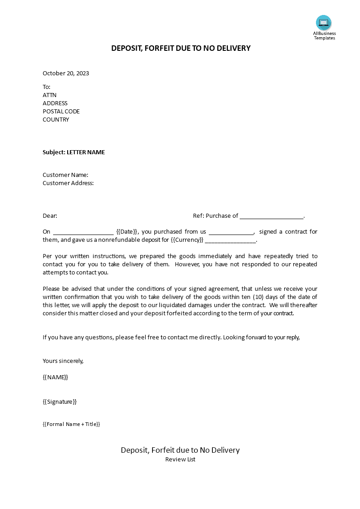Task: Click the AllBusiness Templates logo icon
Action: tap(324, 23)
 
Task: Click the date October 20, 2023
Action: tap(66, 73)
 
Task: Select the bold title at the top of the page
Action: tap(181, 48)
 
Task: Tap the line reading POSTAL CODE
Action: tap(61, 112)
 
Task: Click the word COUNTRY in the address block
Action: tap(56, 120)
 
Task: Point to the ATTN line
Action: tap(49, 95)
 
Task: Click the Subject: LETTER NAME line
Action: tap(74, 152)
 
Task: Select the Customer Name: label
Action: tap(65, 175)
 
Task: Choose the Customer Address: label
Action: tap(68, 183)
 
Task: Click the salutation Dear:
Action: tap(50, 216)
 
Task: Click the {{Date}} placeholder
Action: tap(127, 232)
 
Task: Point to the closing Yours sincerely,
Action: tap(63, 361)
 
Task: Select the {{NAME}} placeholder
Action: tap(55, 377)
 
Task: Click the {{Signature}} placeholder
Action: tap(60, 402)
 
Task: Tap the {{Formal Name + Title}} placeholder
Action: tap(71, 424)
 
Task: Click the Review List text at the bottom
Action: tap(180, 460)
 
